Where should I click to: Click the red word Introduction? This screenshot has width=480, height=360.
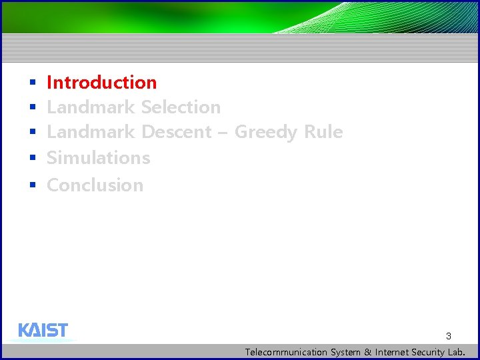(x=101, y=83)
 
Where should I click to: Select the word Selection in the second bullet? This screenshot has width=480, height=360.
(x=181, y=107)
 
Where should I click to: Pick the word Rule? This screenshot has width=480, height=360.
(x=323, y=132)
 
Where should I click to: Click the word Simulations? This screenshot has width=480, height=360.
(x=98, y=158)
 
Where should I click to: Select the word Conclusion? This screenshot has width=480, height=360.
(x=95, y=185)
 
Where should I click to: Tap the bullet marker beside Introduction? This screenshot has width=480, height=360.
(x=31, y=83)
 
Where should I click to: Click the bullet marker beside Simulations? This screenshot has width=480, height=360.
(x=31, y=159)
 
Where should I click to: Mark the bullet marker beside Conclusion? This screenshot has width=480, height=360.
(x=31, y=185)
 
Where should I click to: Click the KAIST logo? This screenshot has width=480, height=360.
(x=43, y=331)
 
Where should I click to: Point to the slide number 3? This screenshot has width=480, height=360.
(x=449, y=336)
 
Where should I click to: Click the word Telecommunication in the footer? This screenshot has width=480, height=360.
(x=286, y=352)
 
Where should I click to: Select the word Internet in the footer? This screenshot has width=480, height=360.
(x=393, y=352)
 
